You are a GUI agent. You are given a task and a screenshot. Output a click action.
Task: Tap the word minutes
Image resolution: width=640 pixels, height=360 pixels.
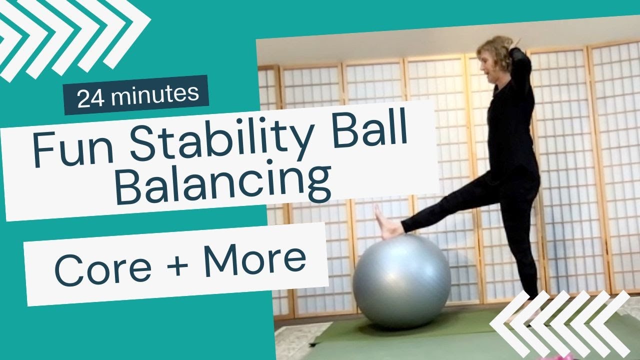[x=154, y=93]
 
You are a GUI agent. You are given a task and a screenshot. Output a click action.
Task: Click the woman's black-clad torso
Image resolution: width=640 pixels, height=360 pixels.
[x=510, y=125]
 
